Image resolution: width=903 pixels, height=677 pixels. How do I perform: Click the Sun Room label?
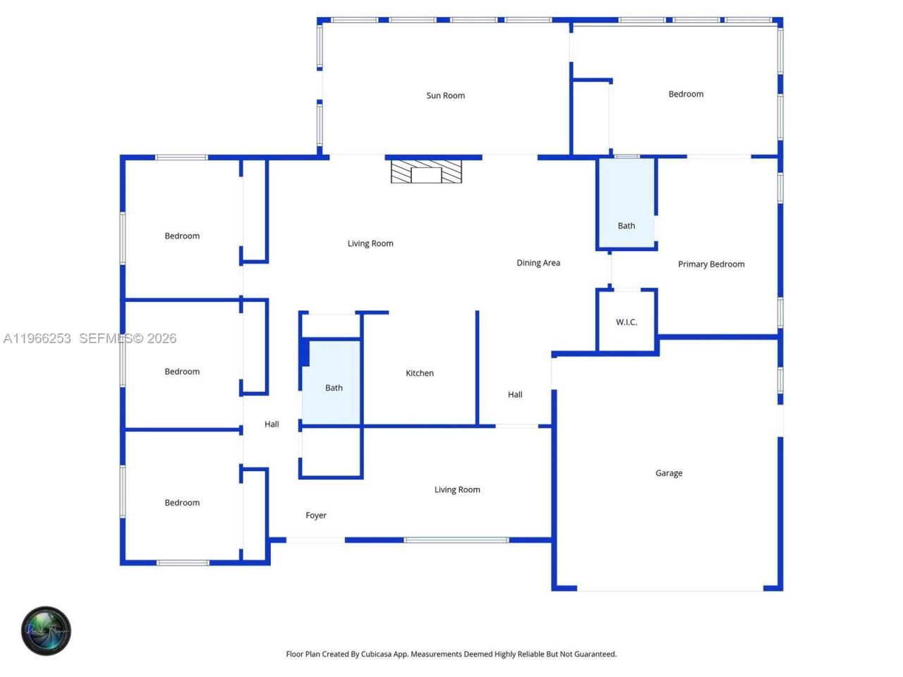pyautogui.click(x=445, y=96)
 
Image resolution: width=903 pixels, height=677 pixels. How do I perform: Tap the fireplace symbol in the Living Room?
pyautogui.click(x=426, y=172)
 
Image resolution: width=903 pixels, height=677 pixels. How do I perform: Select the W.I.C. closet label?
pyautogui.click(x=626, y=322)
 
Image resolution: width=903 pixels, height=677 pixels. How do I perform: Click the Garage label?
pyautogui.click(x=668, y=473)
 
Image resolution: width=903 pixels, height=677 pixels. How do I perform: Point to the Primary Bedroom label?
pyautogui.click(x=710, y=264)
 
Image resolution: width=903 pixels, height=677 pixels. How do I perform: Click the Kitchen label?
pyautogui.click(x=419, y=373)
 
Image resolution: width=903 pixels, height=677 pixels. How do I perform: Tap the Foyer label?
pyautogui.click(x=315, y=516)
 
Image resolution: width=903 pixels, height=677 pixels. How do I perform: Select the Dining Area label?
pyautogui.click(x=538, y=263)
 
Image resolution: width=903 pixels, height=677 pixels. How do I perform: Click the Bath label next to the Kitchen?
pyautogui.click(x=334, y=388)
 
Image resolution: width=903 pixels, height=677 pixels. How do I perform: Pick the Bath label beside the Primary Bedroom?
pyautogui.click(x=626, y=226)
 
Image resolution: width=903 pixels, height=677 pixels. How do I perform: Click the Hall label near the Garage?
pyautogui.click(x=515, y=395)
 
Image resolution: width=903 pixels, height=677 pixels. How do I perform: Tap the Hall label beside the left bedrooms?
pyautogui.click(x=272, y=425)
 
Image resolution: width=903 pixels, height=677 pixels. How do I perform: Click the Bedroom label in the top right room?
pyautogui.click(x=685, y=94)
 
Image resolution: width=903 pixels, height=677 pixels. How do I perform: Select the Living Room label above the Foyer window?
pyautogui.click(x=456, y=489)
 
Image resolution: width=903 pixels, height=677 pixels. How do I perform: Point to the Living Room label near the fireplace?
pyautogui.click(x=370, y=244)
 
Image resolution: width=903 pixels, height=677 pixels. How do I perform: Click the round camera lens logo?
pyautogui.click(x=46, y=630)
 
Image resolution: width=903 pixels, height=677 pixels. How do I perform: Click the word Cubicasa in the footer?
pyautogui.click(x=376, y=654)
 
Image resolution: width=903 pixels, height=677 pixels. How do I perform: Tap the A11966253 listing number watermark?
pyautogui.click(x=37, y=338)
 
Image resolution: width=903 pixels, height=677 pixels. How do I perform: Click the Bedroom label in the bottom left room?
pyautogui.click(x=182, y=503)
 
